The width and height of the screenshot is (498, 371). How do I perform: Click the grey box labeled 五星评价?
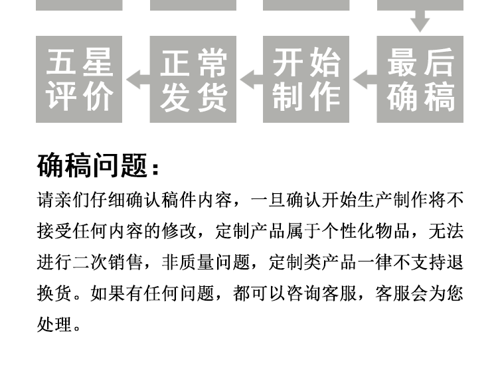80,80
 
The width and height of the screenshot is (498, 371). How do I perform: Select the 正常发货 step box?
193,80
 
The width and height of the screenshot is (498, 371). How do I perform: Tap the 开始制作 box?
306,80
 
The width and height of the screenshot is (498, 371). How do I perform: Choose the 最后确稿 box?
420,80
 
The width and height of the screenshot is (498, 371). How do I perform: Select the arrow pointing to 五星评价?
137,80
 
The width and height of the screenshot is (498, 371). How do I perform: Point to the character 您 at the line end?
456,293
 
